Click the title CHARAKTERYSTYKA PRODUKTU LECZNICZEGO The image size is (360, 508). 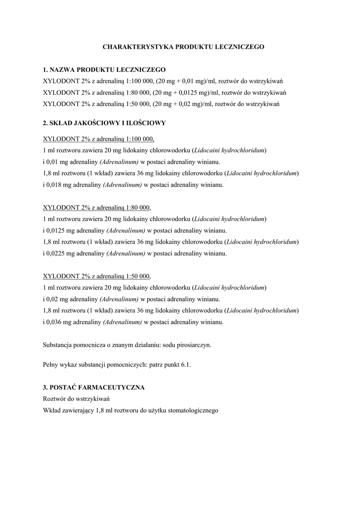coord(183,47)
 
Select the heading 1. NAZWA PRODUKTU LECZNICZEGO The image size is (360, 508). coord(104,69)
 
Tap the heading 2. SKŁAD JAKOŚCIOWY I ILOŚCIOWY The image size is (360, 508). coord(104,123)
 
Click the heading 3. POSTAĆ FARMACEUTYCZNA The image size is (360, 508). coord(94,387)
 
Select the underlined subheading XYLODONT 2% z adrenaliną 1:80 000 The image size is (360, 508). coord(97,207)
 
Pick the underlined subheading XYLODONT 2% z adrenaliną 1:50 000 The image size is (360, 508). coord(97,276)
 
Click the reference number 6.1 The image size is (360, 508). coord(186,365)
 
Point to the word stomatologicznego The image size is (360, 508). coord(193,411)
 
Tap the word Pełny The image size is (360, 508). coord(51,365)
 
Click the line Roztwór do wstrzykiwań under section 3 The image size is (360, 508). coord(76,399)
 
